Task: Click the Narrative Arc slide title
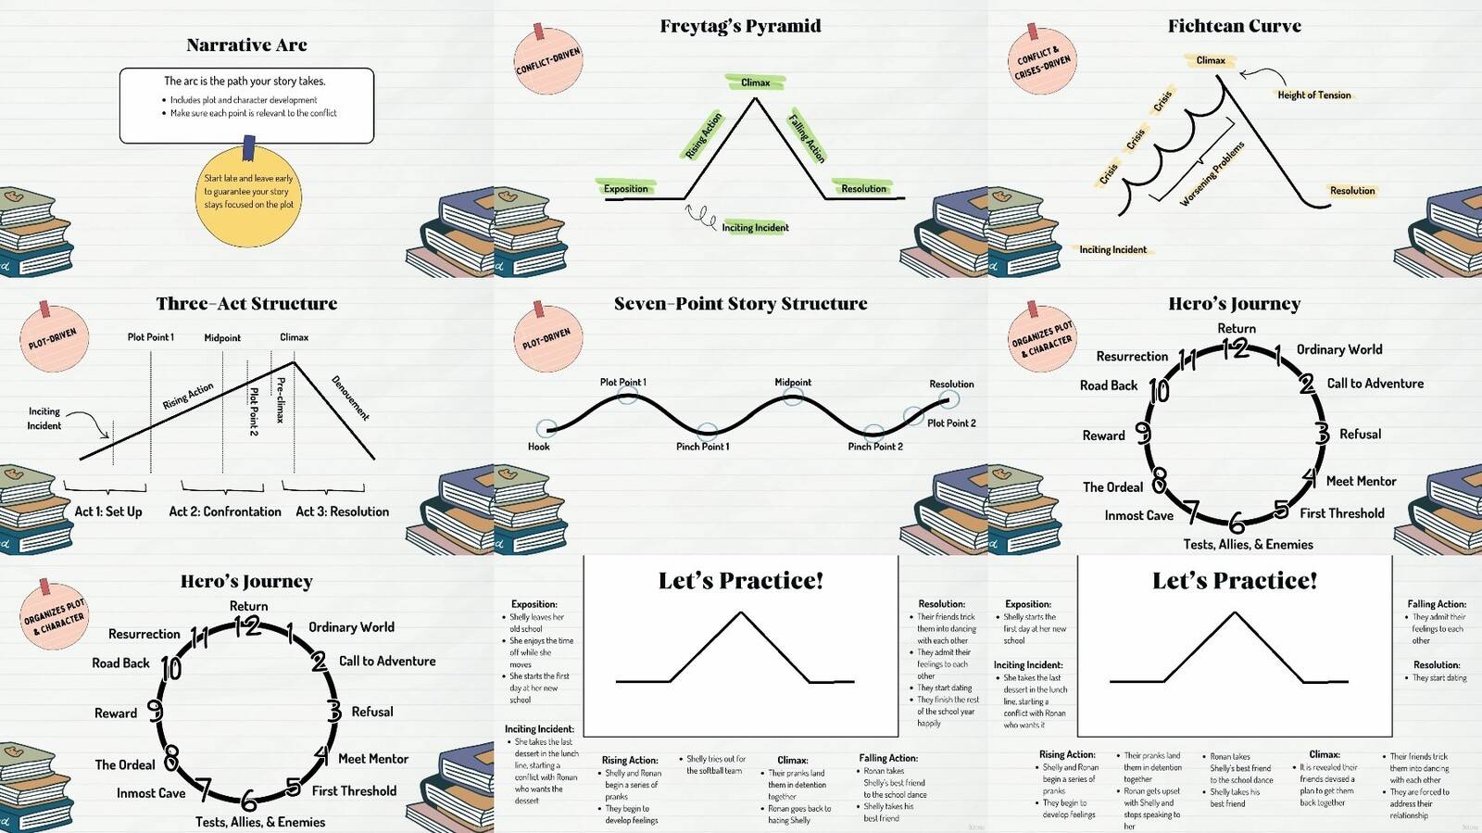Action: click(246, 45)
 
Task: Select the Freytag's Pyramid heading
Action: click(740, 26)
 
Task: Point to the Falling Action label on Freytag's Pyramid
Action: click(806, 137)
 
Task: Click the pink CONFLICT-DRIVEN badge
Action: click(548, 61)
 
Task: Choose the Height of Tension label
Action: click(1313, 95)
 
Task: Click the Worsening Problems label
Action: click(1212, 174)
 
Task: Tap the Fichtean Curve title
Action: click(1234, 26)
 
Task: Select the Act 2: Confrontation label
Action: click(225, 511)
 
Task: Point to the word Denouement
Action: click(351, 398)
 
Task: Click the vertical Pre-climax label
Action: click(281, 399)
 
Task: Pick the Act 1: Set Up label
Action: click(108, 511)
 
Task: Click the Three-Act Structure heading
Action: click(246, 304)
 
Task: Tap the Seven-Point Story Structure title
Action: click(740, 304)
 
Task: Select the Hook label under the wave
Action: click(538, 447)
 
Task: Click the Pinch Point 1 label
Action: click(702, 447)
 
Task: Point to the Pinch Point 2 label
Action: click(875, 447)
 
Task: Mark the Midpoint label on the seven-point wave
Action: click(793, 383)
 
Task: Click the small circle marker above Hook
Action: click(546, 428)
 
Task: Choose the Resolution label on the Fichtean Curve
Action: click(1352, 191)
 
